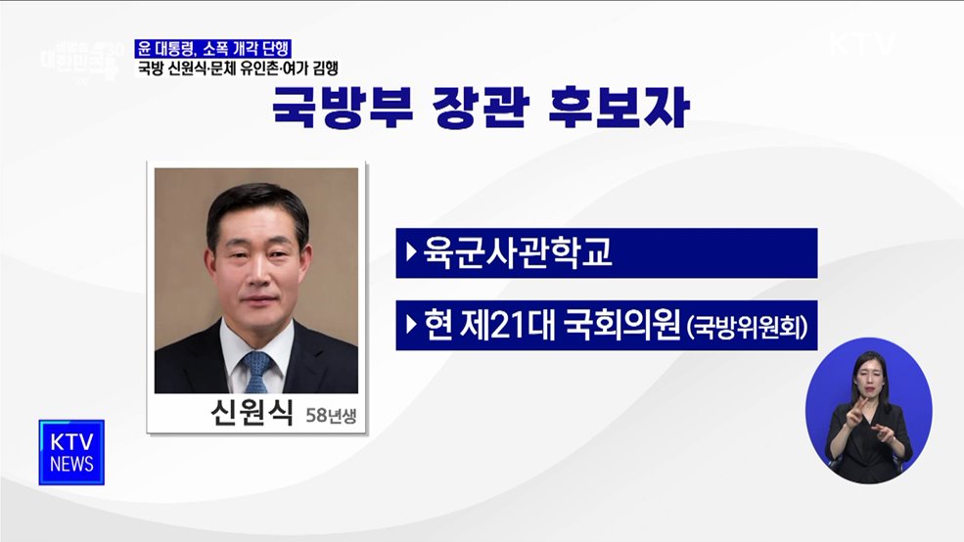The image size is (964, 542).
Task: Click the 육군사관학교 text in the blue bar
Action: click(518, 253)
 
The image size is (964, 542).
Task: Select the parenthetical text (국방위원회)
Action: click(749, 328)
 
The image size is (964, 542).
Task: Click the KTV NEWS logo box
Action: click(71, 452)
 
